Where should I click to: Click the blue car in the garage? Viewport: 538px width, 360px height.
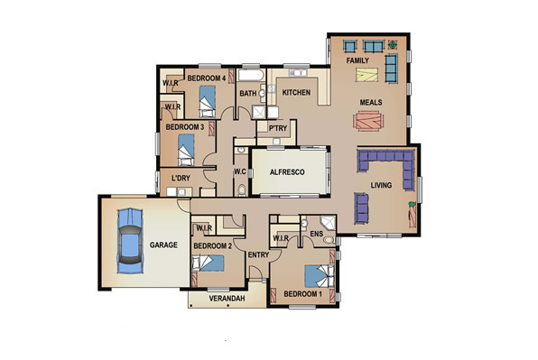click(130, 240)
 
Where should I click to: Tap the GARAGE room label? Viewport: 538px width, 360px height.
click(163, 245)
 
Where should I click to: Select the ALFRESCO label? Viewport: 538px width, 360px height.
click(287, 172)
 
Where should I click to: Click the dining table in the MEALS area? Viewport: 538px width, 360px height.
click(368, 120)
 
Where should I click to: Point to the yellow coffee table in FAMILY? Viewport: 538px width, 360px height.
click(367, 75)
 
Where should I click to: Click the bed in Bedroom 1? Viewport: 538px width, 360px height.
click(320, 276)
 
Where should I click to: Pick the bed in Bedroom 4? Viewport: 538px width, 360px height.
click(208, 101)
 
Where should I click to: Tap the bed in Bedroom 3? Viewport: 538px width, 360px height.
click(186, 150)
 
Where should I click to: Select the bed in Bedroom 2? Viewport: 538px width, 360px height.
click(208, 263)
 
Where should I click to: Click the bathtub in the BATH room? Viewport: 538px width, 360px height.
click(251, 75)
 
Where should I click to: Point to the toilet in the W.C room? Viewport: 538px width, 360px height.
click(242, 190)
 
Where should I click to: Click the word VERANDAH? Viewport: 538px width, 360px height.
click(227, 299)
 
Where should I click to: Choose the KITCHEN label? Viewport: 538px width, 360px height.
click(296, 93)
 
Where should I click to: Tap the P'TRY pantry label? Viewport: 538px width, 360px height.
click(278, 128)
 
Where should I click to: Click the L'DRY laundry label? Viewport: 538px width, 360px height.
click(181, 178)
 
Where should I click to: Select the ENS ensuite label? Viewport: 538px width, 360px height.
click(316, 234)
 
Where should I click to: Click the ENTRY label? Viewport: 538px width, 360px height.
click(258, 254)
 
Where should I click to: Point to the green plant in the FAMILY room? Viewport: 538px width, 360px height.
click(393, 44)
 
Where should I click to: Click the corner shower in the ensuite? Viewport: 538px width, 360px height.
click(328, 222)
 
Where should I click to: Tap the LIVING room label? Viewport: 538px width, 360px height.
click(381, 186)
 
